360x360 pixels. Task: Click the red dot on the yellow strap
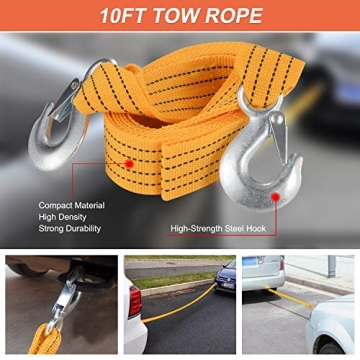coord(129,164)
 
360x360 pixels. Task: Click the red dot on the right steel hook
coord(275,197)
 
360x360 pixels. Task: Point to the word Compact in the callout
coord(54,206)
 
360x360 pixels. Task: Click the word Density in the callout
coord(73,217)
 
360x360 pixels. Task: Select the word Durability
coord(83,229)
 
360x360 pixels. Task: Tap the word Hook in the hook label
coord(256,229)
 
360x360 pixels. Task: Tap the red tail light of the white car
coord(135,301)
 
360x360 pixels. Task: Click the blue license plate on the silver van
coord(249,261)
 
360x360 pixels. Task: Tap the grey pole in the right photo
coord(331,266)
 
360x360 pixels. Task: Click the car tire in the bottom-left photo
coord(27,269)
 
